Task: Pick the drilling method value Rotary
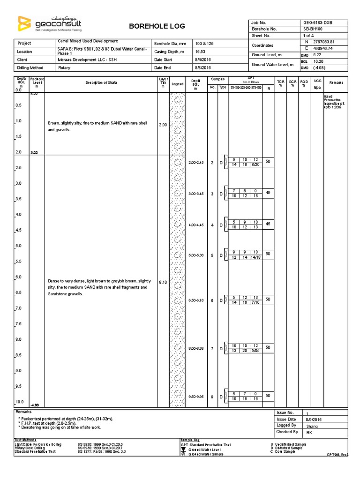coord(64,68)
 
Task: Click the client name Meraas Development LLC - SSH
coord(87,60)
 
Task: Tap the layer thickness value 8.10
coord(163,283)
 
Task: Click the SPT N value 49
coord(269,192)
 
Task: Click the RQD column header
coord(304,82)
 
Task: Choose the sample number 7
coord(212,349)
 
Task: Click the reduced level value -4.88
coord(35,405)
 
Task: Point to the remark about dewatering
coord(60,427)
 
